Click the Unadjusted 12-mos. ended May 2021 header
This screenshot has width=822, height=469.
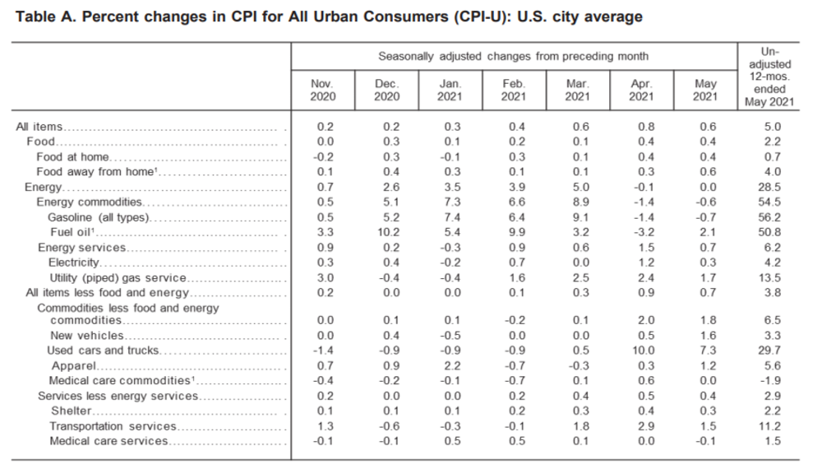coord(771,77)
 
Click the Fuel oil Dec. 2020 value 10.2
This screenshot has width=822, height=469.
coord(386,233)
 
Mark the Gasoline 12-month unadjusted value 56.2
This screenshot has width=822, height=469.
coord(771,218)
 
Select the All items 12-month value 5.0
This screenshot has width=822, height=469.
coord(771,127)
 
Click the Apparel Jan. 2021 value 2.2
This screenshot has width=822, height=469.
coord(450,365)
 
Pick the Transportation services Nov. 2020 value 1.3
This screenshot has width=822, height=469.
coord(322,426)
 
